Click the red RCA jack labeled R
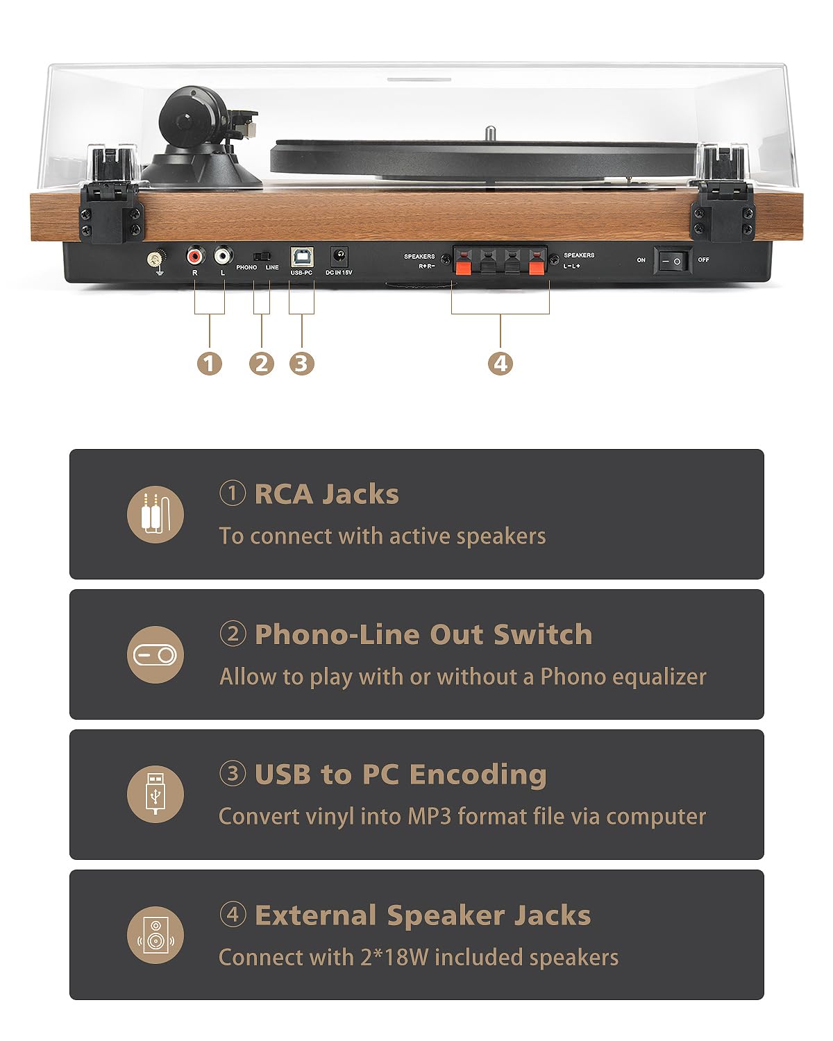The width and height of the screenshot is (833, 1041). pyautogui.click(x=195, y=257)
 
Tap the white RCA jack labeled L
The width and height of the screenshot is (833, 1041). pyautogui.click(x=223, y=257)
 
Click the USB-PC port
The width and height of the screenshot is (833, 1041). pyautogui.click(x=301, y=257)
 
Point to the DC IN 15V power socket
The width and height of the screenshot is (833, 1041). pyautogui.click(x=339, y=257)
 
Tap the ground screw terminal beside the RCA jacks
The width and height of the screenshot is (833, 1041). pyautogui.click(x=154, y=260)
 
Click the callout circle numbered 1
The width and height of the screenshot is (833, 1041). pyautogui.click(x=209, y=363)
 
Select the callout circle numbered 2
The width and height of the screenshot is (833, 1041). pyautogui.click(x=261, y=363)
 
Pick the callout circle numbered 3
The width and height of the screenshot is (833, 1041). pyautogui.click(x=301, y=363)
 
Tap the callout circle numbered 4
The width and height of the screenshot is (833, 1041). pyautogui.click(x=500, y=363)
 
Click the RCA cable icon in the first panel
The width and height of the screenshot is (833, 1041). pyautogui.click(x=155, y=514)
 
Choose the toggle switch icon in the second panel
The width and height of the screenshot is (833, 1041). pyautogui.click(x=155, y=654)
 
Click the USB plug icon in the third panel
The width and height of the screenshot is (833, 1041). pyautogui.click(x=155, y=795)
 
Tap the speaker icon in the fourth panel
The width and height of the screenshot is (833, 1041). pyautogui.click(x=155, y=935)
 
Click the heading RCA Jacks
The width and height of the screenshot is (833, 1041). pyautogui.click(x=326, y=494)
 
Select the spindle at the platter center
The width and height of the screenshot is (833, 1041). pyautogui.click(x=490, y=131)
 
